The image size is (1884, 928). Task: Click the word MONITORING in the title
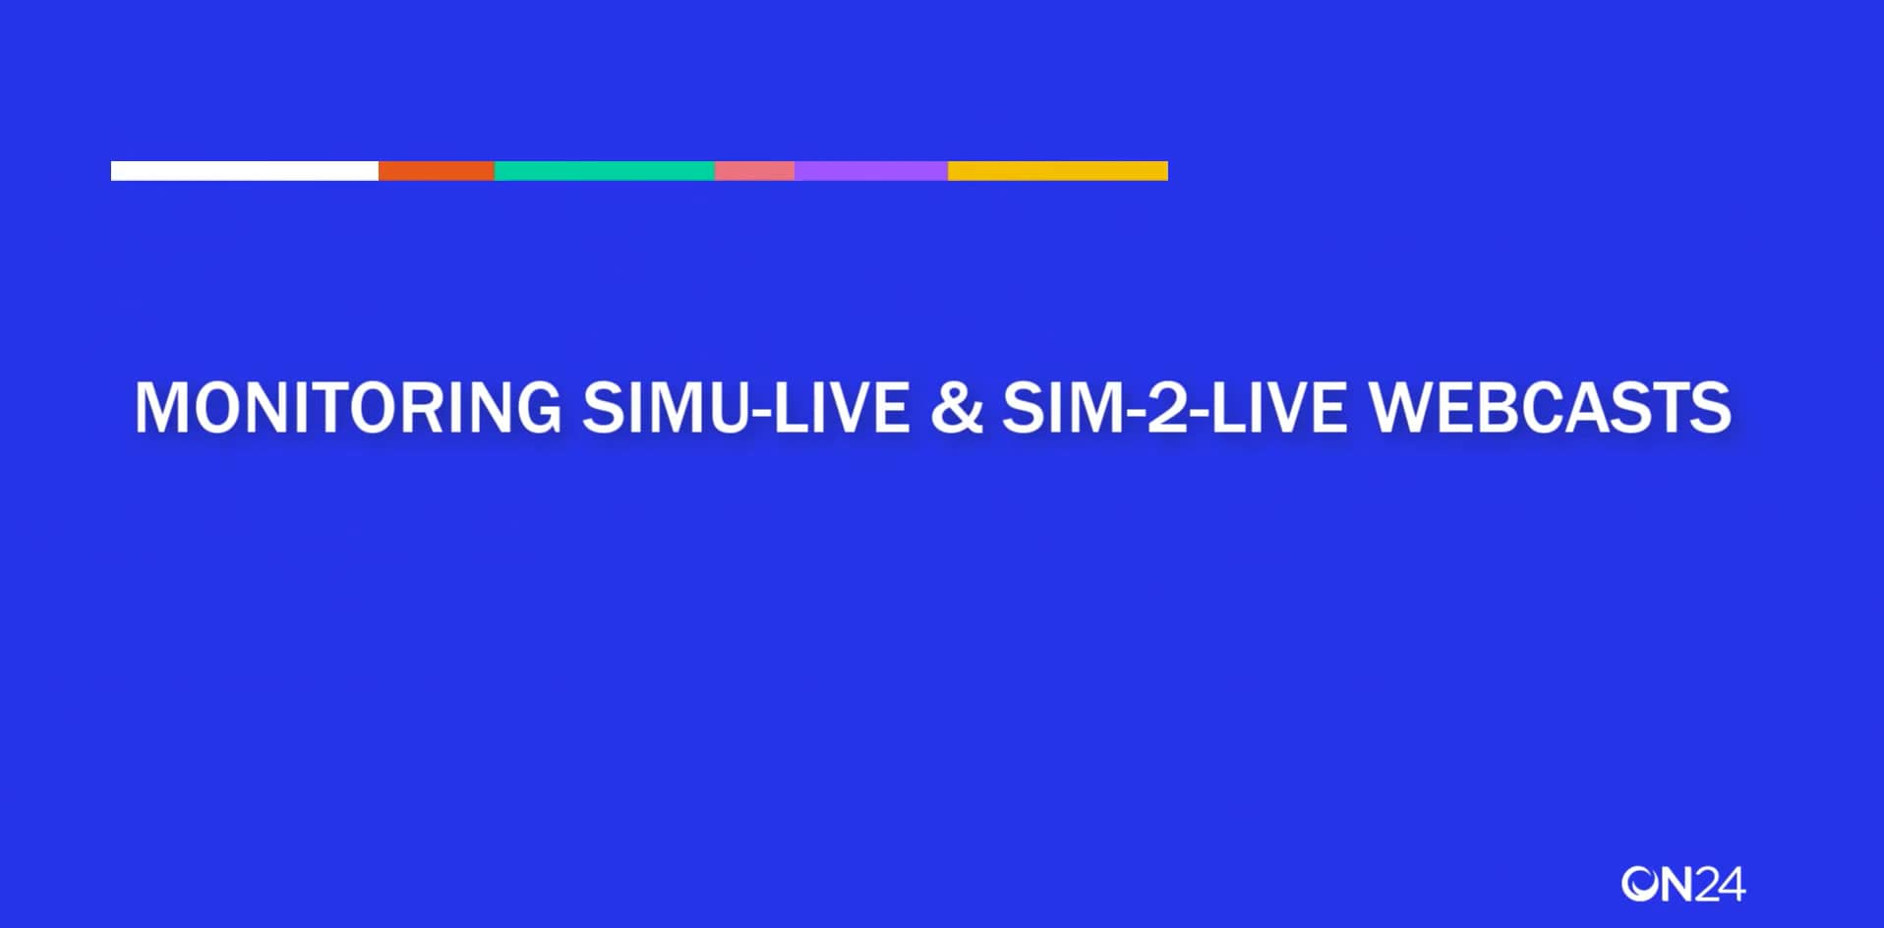point(347,407)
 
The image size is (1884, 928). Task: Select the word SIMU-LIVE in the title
point(745,407)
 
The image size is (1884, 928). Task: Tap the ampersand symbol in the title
point(956,407)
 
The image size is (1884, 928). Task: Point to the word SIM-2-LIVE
point(1174,407)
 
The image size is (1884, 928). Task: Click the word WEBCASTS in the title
point(1550,407)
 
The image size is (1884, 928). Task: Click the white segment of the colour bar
point(244,171)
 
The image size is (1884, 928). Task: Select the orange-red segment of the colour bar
point(436,171)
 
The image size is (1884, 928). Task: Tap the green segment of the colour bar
point(604,171)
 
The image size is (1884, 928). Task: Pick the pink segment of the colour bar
point(754,171)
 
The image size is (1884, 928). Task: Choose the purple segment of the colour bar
point(870,171)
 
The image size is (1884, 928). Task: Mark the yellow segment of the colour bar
point(1057,171)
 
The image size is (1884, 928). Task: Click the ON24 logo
point(1682,884)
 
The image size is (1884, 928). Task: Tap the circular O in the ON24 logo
point(1639,884)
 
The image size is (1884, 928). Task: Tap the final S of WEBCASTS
point(1711,407)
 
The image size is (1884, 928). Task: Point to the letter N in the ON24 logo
point(1678,884)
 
